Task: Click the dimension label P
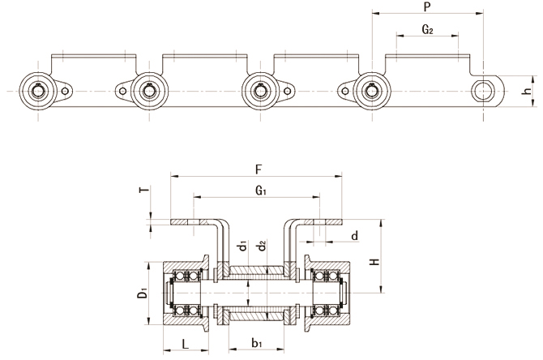tap(426, 6)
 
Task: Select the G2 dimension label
tap(428, 30)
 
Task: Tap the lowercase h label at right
tap(527, 92)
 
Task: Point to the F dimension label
tap(258, 170)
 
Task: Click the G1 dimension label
tap(259, 192)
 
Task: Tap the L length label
tap(186, 344)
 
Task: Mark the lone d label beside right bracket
tap(355, 236)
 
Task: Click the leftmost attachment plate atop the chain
tap(92, 62)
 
